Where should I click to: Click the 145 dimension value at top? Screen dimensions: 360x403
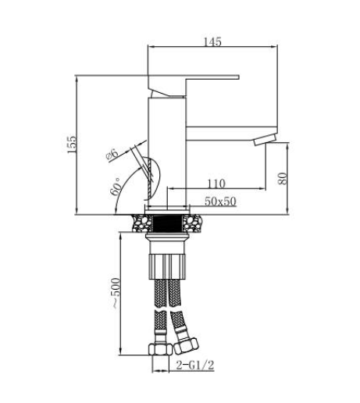[x=212, y=41]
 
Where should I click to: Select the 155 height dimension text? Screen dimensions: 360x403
[x=72, y=144]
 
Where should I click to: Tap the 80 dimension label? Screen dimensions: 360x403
[x=283, y=178]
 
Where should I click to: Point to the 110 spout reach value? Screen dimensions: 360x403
[x=216, y=184]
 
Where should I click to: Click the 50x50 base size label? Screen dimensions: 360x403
[x=220, y=201]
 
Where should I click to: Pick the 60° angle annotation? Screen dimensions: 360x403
[x=116, y=187]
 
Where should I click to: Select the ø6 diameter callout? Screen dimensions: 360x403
[x=112, y=154]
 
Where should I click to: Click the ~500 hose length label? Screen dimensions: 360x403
[x=116, y=294]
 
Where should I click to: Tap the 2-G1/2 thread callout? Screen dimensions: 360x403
[x=195, y=365]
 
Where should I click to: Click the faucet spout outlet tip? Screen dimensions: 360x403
[x=265, y=139]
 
